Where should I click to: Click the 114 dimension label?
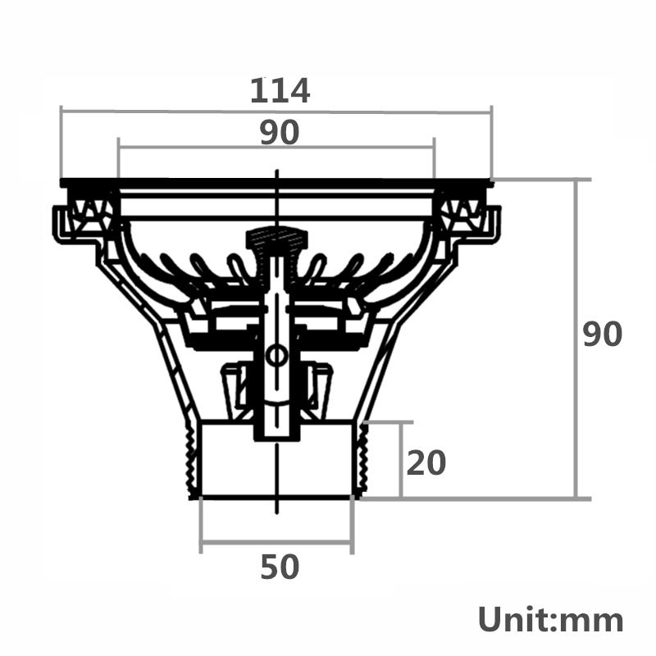click(280, 90)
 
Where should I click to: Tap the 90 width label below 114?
click(280, 132)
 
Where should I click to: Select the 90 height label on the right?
click(603, 335)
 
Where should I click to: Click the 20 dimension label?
click(426, 463)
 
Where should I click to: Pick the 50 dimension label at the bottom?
click(280, 567)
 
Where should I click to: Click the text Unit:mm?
click(550, 619)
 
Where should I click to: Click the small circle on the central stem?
click(276, 355)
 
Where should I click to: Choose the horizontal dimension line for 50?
click(276, 541)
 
